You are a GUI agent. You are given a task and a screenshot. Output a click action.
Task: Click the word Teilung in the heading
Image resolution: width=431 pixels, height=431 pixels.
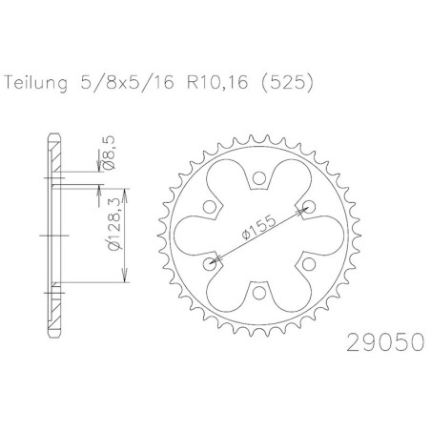[36, 83]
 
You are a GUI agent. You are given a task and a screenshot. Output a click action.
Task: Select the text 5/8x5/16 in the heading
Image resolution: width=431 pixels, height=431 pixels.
[127, 83]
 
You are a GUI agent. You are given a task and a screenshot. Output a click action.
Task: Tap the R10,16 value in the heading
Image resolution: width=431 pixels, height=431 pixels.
[217, 83]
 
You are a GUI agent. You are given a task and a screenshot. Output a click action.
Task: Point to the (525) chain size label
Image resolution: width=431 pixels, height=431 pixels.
[287, 83]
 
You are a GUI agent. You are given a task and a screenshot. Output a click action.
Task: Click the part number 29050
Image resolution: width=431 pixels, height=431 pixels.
[385, 342]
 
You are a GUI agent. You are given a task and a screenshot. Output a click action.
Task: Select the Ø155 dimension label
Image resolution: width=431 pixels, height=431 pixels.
[258, 227]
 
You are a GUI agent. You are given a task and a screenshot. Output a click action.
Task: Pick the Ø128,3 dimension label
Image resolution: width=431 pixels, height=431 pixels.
[113, 223]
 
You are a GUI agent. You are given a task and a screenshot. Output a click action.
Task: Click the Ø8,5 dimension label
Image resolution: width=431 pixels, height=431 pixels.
[109, 153]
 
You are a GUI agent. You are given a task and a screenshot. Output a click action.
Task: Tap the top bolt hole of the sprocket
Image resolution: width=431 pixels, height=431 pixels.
[259, 178]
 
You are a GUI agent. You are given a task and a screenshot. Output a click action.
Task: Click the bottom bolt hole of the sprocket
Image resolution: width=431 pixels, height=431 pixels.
[259, 292]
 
